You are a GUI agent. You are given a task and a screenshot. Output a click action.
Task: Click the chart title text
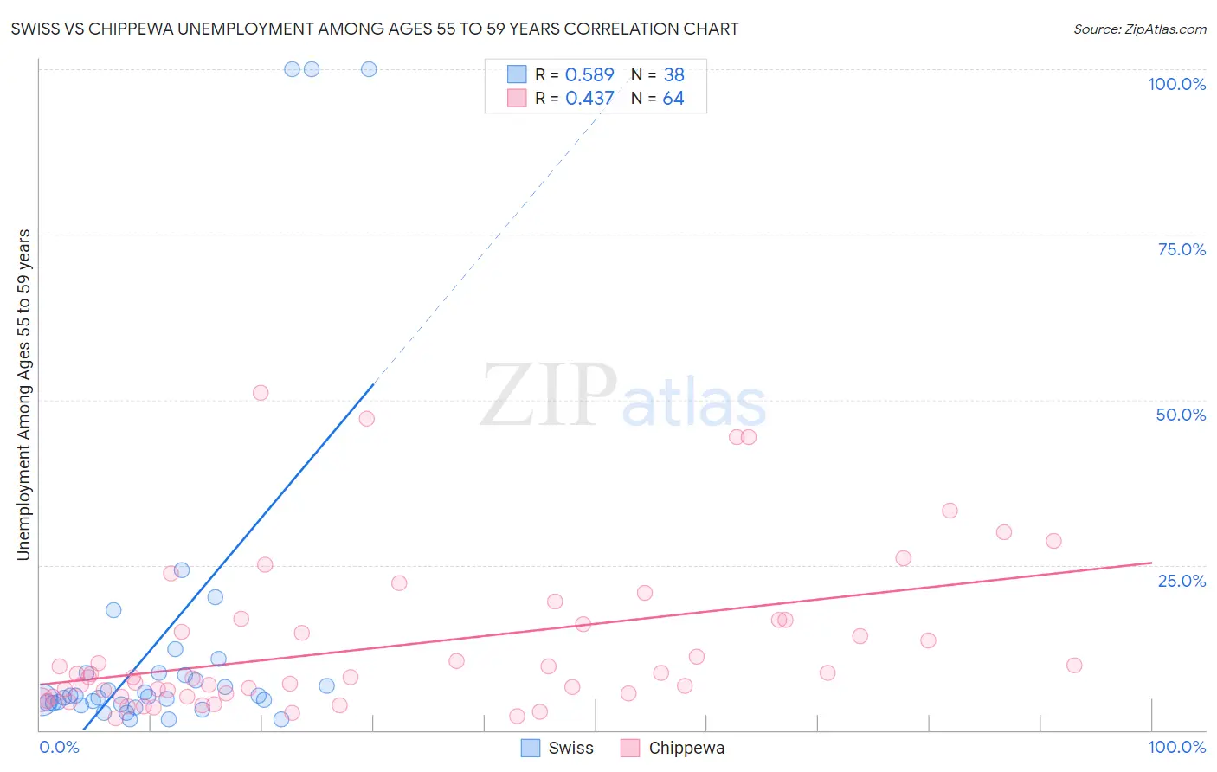click(375, 29)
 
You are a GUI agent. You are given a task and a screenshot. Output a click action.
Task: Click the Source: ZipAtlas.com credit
click(1139, 29)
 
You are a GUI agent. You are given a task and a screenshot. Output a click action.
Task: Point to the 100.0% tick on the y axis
click(1176, 84)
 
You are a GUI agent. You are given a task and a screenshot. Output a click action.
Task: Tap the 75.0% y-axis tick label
click(1182, 249)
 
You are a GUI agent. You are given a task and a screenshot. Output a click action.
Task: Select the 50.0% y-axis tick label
click(1181, 415)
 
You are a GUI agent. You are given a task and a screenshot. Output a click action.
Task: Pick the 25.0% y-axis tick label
click(1182, 580)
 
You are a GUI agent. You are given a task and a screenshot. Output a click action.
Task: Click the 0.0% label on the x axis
click(59, 747)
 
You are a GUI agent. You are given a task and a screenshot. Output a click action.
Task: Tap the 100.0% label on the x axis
click(1176, 747)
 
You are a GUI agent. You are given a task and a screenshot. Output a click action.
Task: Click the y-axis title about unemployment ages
click(24, 394)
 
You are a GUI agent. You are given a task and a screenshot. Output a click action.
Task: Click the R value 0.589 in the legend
click(589, 74)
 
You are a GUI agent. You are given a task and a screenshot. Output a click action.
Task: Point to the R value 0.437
click(589, 98)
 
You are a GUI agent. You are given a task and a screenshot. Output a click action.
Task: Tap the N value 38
click(673, 74)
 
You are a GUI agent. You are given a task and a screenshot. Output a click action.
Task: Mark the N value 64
click(673, 98)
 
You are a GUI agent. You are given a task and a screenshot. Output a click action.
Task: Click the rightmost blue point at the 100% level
click(369, 69)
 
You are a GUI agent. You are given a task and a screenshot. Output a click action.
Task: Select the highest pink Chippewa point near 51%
click(261, 392)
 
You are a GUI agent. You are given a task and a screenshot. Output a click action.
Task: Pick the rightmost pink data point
click(1074, 665)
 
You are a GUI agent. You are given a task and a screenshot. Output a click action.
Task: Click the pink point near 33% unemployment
click(950, 511)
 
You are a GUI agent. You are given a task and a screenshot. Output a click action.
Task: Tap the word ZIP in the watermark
click(548, 396)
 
